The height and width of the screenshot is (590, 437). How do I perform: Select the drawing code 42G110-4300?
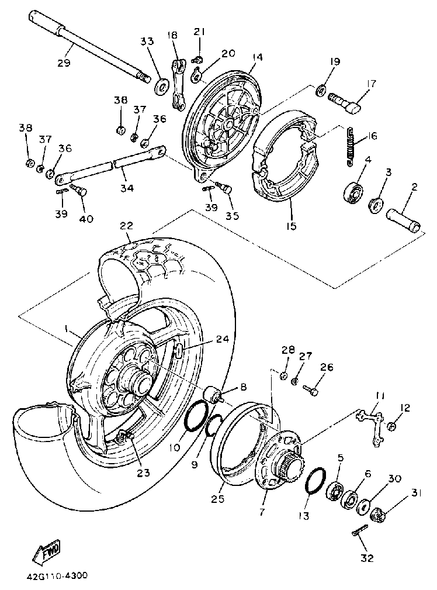(56, 575)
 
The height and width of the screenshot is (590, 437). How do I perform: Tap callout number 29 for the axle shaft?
(64, 63)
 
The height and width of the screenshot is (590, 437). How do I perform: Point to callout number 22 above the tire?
(126, 225)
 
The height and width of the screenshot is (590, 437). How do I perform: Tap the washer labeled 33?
(159, 88)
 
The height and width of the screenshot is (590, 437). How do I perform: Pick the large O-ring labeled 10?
(196, 419)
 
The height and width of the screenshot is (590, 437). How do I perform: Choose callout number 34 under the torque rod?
(127, 188)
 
